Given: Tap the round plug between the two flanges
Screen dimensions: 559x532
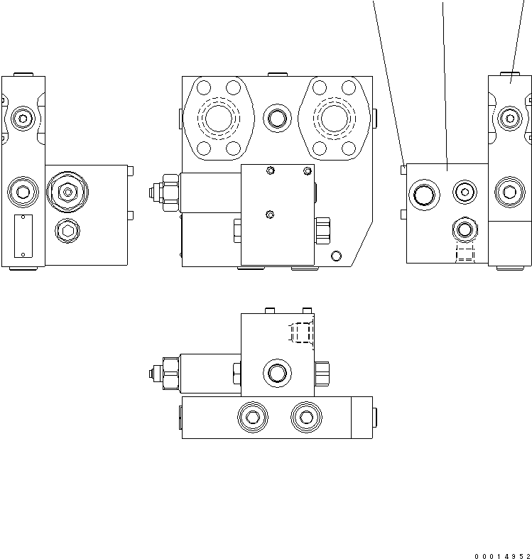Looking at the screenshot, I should (275, 117).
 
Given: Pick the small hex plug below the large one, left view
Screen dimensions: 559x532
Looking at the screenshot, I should (67, 229).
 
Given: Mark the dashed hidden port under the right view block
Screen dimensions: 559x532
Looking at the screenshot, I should (464, 254).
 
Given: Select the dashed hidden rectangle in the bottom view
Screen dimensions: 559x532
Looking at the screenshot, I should (302, 333).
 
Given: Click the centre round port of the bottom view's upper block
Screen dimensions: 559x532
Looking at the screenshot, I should (276, 371).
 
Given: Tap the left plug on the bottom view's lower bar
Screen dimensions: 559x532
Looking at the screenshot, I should (252, 418).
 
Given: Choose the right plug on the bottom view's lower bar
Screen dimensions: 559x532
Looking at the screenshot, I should (305, 418).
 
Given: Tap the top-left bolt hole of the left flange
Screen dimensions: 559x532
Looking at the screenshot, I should (204, 87).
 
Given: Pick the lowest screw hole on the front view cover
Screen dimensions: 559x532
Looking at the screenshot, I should (269, 215).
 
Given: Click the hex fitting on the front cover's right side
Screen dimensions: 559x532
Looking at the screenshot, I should (322, 229).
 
